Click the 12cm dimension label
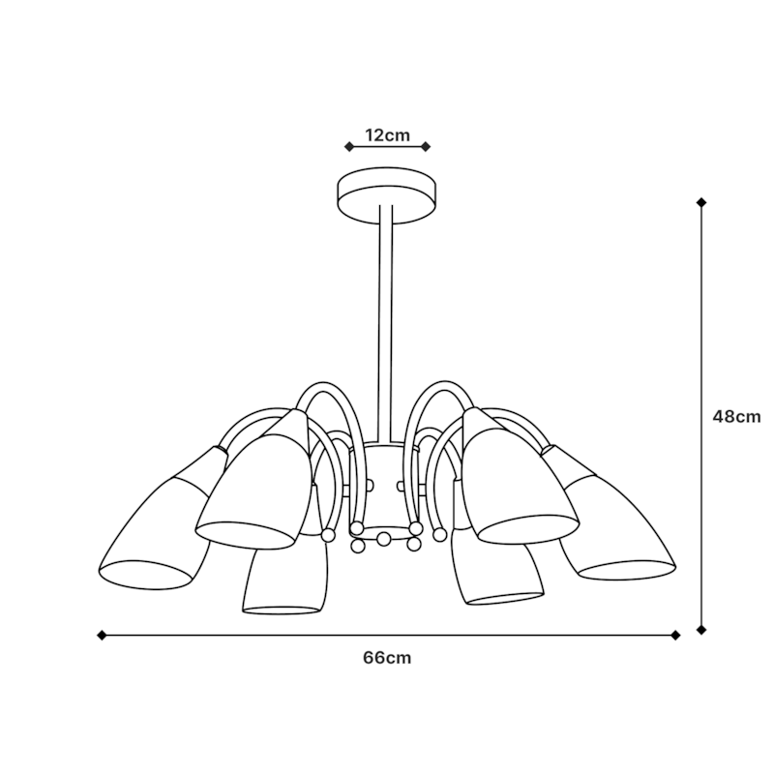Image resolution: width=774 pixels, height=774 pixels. pos(388,134)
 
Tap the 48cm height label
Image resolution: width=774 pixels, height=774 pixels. pos(736,417)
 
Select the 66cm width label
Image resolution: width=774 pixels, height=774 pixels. pos(387,658)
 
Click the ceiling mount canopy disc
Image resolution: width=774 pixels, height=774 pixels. pos(386,195)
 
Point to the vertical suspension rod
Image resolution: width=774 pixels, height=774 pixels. pos(386,323)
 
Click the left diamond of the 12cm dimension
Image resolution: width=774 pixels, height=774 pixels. pos(349,147)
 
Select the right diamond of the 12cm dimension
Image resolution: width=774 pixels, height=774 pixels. pos(426,147)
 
